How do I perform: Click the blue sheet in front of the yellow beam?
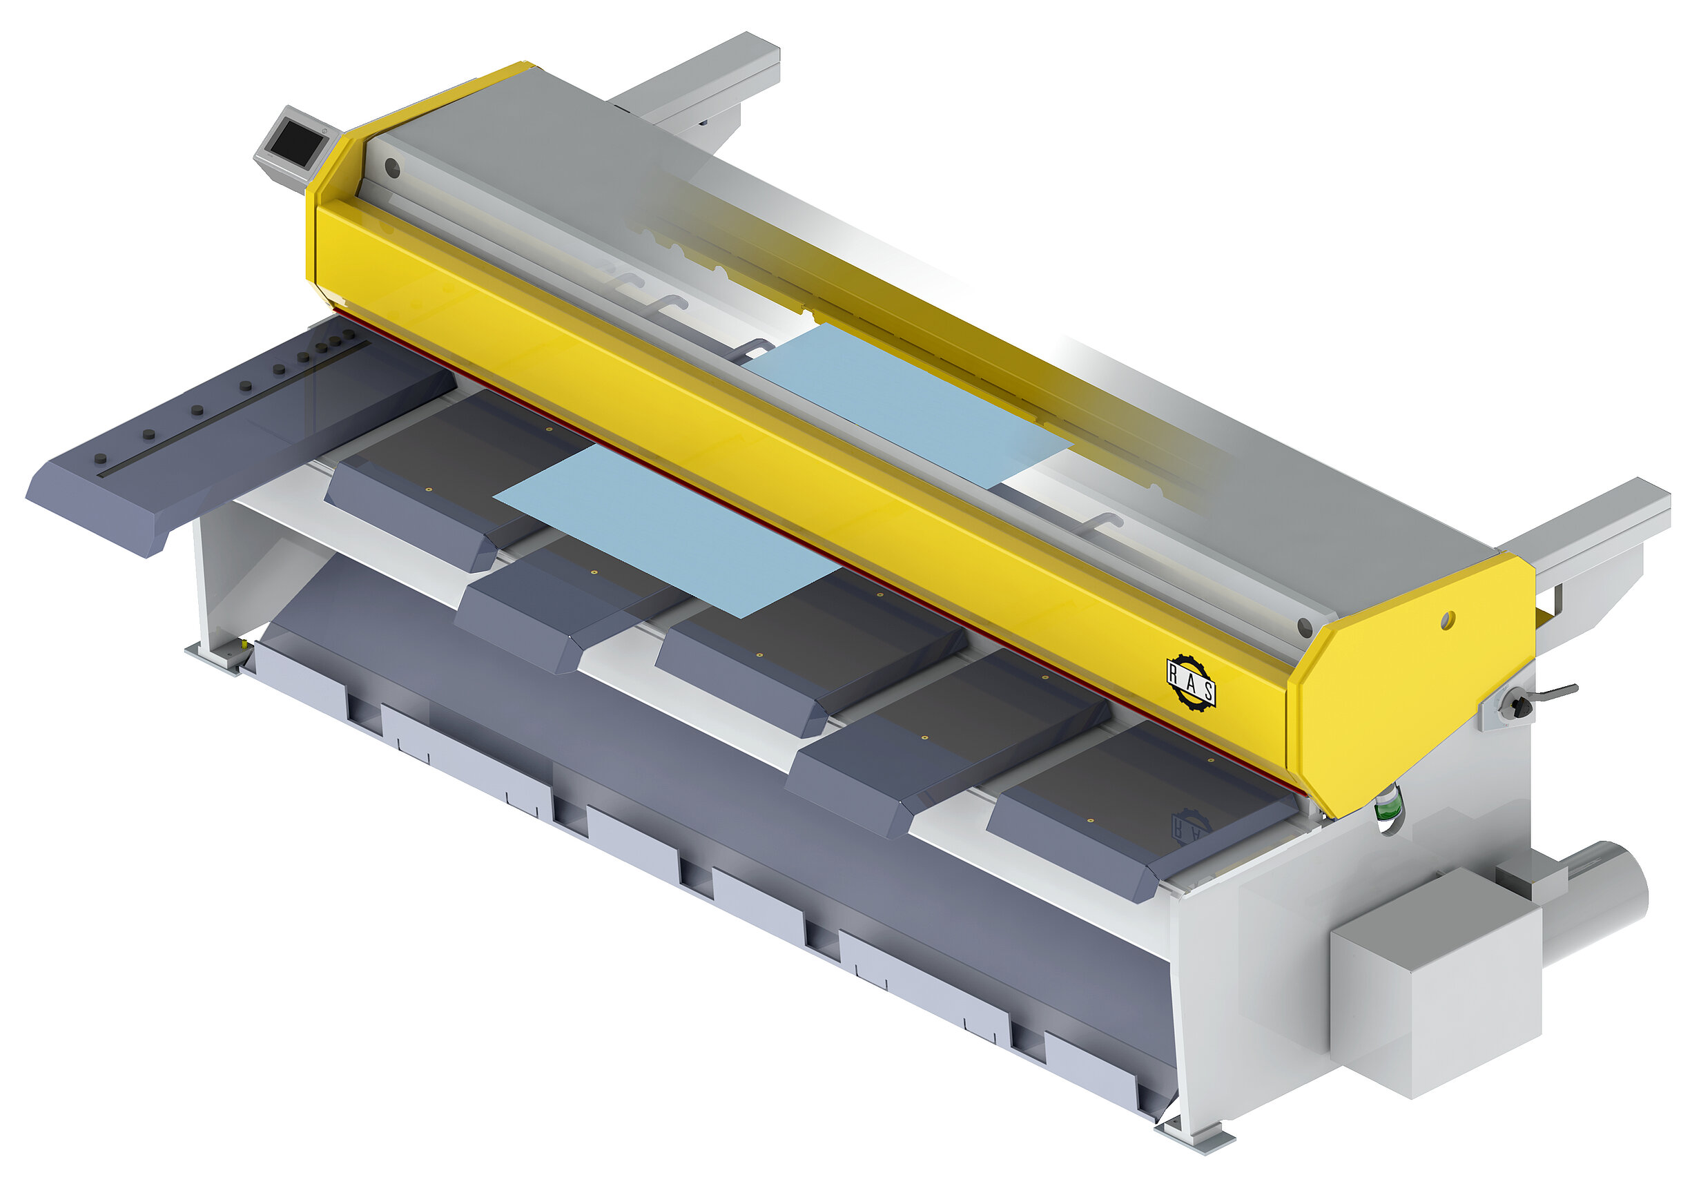tap(666, 530)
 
